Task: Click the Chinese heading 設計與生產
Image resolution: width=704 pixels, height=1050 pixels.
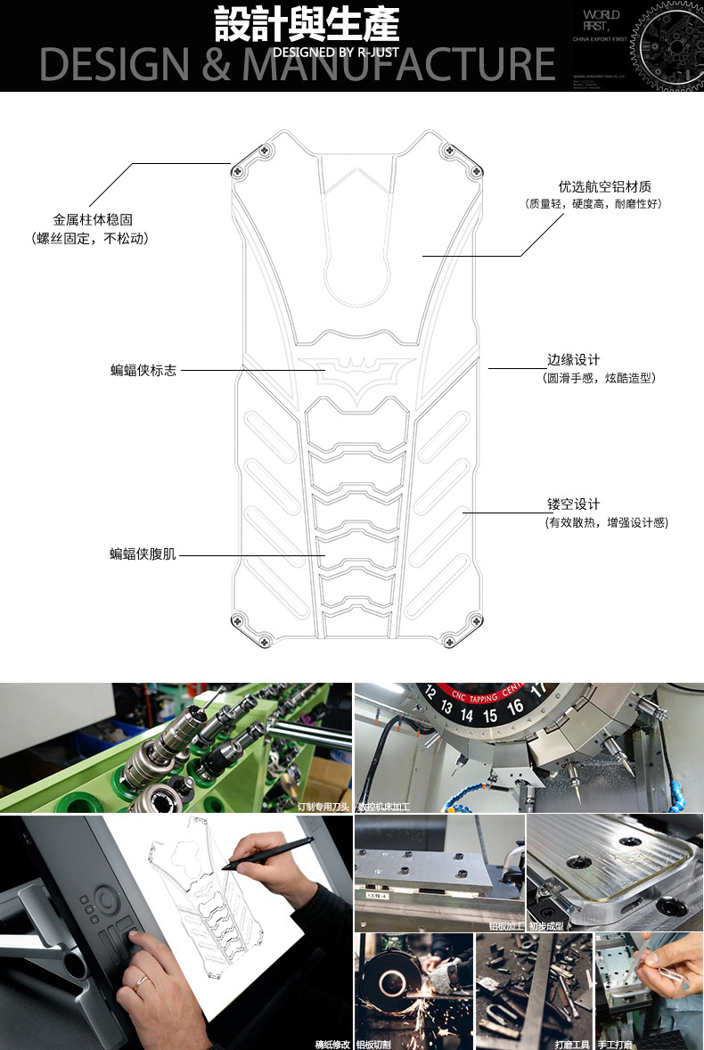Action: point(306,25)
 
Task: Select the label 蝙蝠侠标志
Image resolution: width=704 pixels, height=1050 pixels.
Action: point(143,370)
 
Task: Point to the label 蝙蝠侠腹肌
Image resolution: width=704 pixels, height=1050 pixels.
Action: point(143,554)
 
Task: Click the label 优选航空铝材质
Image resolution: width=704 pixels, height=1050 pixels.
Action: point(604,187)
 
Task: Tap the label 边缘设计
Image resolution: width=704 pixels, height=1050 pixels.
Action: point(573,360)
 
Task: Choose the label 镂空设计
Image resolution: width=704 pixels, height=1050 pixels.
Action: point(573,504)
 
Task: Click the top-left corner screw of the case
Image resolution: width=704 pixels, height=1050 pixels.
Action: point(238,170)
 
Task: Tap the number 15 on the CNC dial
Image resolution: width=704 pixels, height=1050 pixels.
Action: point(490,715)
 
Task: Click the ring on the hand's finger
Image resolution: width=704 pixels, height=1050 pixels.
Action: point(141,981)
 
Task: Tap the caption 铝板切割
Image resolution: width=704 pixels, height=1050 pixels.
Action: point(373,1043)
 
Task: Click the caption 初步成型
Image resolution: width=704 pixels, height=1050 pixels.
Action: point(545,926)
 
